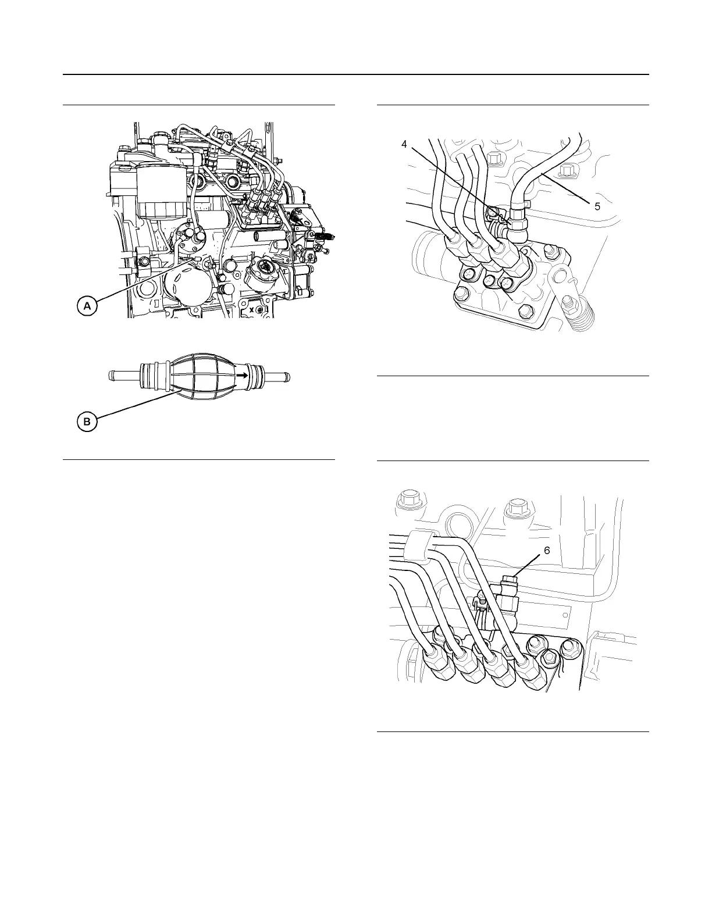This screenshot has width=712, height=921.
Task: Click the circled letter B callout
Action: click(87, 423)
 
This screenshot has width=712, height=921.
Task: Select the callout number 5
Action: click(597, 206)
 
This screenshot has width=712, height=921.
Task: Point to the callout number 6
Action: click(546, 551)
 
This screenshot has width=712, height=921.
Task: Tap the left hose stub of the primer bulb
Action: click(124, 376)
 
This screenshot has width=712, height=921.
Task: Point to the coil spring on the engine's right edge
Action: click(329, 237)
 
